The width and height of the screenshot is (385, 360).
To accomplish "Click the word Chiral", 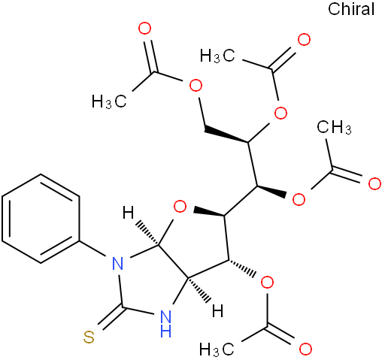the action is (351, 9).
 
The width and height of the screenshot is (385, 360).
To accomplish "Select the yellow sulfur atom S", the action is (89, 337).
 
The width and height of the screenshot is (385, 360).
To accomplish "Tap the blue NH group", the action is (165, 324).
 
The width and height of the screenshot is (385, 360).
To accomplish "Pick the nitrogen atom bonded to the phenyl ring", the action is (118, 263).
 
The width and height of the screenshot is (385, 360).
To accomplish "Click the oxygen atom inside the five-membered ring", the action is (180, 207).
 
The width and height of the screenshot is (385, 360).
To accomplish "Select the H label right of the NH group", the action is (217, 311).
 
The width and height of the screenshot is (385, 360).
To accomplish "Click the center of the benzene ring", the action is (41, 219).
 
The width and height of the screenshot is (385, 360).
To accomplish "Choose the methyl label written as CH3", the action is (334, 127).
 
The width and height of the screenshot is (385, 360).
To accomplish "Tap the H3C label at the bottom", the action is (217, 349).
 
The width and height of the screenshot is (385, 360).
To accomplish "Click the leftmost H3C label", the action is (109, 101).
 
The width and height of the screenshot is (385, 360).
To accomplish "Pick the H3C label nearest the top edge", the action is (217, 56).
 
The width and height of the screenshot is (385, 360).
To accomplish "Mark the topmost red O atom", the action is (145, 29).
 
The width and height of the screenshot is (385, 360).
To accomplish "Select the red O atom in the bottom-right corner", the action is (305, 349).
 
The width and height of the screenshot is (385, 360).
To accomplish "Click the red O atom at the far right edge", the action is (374, 183).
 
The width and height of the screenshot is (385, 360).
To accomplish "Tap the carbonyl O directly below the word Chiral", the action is (304, 40).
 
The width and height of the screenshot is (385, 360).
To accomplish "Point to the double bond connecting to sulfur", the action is (110, 316).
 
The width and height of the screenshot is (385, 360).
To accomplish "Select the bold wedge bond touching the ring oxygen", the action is (208, 211).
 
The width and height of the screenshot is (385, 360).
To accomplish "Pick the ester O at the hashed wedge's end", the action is (267, 283).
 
